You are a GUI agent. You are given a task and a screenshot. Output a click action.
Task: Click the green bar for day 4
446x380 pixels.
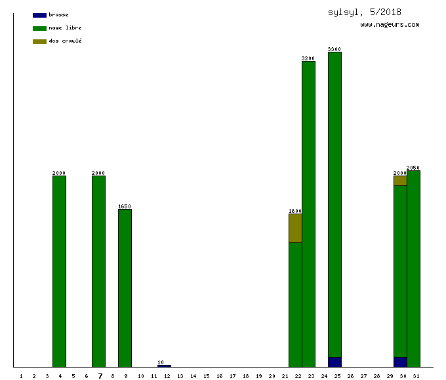[59, 271]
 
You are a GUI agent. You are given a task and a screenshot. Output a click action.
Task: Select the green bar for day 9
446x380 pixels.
[125, 288]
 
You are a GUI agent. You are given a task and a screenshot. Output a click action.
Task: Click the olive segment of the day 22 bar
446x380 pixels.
[295, 228]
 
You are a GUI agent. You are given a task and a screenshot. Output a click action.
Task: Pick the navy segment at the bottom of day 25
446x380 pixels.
[334, 362]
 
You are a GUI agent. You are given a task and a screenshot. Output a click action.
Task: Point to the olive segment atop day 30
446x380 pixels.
[400, 181]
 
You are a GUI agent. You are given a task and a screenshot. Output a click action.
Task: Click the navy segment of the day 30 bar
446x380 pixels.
[400, 362]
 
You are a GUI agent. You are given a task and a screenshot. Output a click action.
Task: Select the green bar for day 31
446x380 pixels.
[413, 269]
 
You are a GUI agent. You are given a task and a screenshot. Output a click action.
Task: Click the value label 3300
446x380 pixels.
[334, 49]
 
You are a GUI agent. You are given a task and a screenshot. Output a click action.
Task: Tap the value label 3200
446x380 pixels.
[308, 58]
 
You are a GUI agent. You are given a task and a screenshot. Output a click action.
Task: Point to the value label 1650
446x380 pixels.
[125, 206]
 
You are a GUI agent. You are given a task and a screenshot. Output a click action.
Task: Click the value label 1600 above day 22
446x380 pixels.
[295, 211]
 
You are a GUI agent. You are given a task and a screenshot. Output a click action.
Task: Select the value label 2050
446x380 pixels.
[413, 168]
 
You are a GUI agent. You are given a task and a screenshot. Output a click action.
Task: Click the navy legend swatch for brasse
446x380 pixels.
[39, 15]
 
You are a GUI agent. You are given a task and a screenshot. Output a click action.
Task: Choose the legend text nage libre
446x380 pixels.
[65, 28]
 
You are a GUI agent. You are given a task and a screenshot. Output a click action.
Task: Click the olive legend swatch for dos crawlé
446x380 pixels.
[39, 41]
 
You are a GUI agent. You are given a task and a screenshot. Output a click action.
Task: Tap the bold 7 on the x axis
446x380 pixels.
[100, 376]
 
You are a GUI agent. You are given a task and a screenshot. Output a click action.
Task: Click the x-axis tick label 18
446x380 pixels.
[245, 376]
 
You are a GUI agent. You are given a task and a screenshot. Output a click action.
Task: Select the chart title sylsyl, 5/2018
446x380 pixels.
[365, 12]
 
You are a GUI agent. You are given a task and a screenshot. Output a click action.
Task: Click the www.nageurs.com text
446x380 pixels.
[390, 25]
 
